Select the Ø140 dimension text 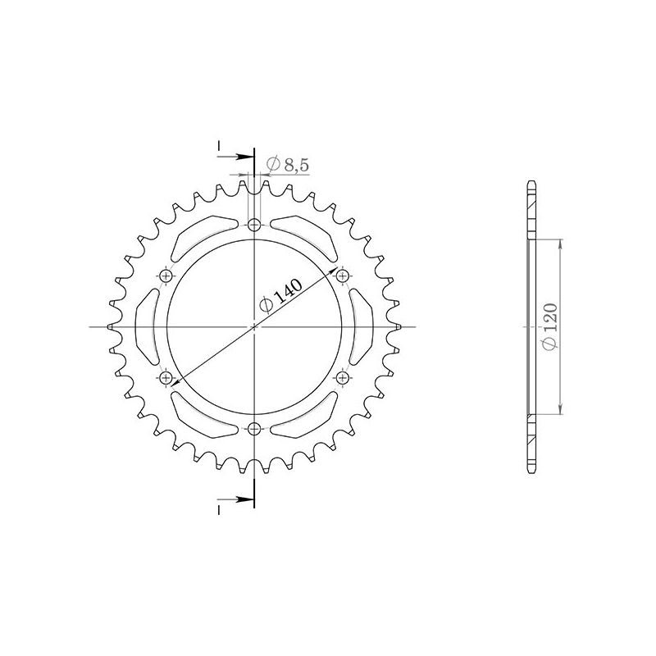(x=281, y=292)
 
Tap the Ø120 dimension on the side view (x=550, y=326)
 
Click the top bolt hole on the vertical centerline (x=254, y=225)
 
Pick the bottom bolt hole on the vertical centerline (x=254, y=428)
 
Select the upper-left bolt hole (x=167, y=276)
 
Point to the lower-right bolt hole (x=342, y=377)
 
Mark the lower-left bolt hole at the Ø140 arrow (x=167, y=377)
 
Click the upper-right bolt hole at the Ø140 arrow (x=342, y=276)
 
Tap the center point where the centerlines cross (x=254, y=326)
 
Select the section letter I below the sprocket (x=220, y=510)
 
